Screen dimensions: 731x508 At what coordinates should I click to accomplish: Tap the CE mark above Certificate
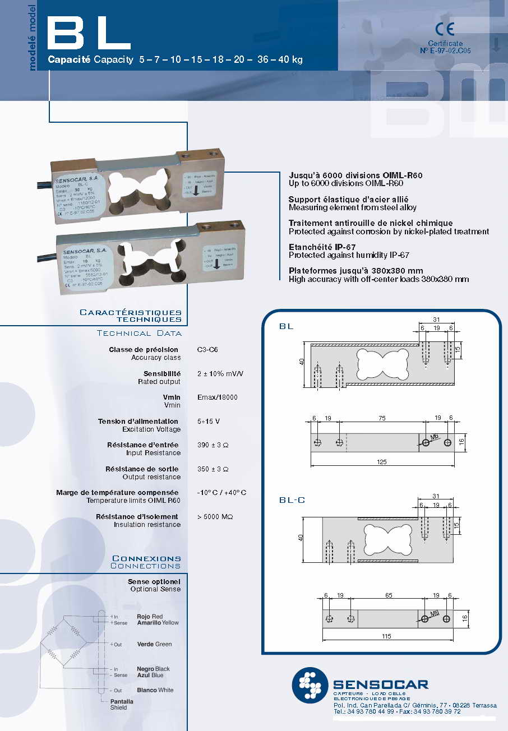tap(445, 29)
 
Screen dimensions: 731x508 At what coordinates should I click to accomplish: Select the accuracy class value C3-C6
tap(207, 350)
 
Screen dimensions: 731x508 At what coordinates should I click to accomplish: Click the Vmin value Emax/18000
tap(218, 397)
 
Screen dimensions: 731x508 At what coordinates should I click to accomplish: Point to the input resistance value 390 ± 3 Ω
tap(213, 445)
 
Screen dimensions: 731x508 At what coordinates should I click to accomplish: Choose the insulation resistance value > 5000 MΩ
tap(215, 517)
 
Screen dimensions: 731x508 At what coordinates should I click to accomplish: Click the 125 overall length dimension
tap(382, 462)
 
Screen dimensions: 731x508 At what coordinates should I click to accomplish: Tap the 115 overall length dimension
tap(386, 636)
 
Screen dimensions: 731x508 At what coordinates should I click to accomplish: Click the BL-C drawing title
tap(292, 500)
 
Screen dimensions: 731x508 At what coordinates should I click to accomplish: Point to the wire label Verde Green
tap(155, 645)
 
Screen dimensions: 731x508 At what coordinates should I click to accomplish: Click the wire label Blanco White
tap(155, 690)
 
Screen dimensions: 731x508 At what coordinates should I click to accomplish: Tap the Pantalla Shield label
tap(122, 705)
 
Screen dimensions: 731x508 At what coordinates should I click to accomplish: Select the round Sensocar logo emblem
tap(309, 684)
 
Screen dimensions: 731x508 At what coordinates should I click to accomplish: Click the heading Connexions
tap(147, 558)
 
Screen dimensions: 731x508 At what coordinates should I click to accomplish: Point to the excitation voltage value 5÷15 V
tap(209, 421)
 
